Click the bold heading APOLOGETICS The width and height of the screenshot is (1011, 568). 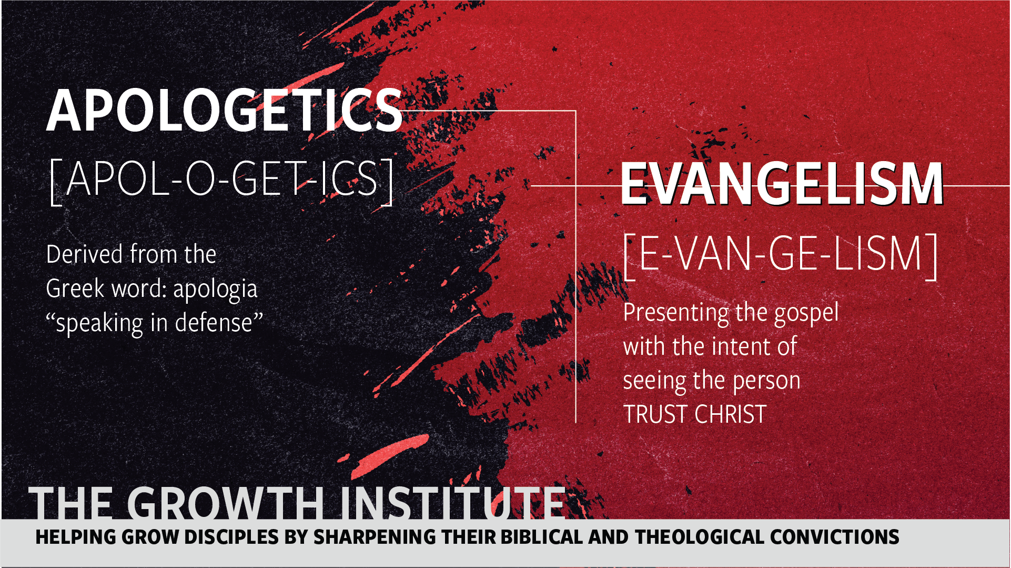coord(225,111)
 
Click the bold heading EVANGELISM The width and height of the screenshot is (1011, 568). coord(782,184)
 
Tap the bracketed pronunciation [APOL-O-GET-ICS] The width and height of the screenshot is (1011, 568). coord(221,180)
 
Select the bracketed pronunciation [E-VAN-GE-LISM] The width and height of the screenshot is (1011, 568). coord(781,256)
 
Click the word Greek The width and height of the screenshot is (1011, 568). coord(75,288)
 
